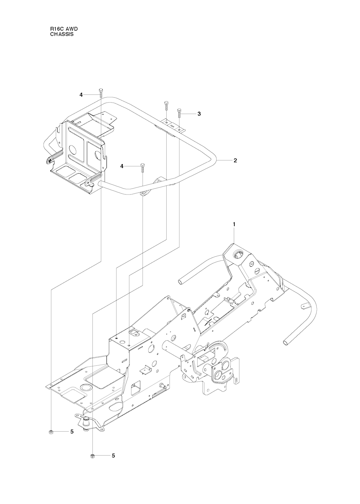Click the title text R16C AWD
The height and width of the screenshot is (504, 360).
click(64, 29)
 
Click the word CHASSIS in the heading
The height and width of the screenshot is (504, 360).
click(62, 34)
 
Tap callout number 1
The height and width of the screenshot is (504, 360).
click(234, 224)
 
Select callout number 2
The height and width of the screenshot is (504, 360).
click(235, 161)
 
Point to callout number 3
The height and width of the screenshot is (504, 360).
click(199, 114)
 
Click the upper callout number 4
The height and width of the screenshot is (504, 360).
click(81, 95)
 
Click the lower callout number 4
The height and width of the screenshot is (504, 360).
click(122, 166)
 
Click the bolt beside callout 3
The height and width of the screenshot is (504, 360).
click(179, 114)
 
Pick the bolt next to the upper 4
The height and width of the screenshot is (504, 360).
click(101, 93)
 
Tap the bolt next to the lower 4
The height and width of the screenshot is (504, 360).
click(142, 168)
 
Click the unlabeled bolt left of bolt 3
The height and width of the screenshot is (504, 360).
click(166, 106)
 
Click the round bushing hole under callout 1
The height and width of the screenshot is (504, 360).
click(238, 255)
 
